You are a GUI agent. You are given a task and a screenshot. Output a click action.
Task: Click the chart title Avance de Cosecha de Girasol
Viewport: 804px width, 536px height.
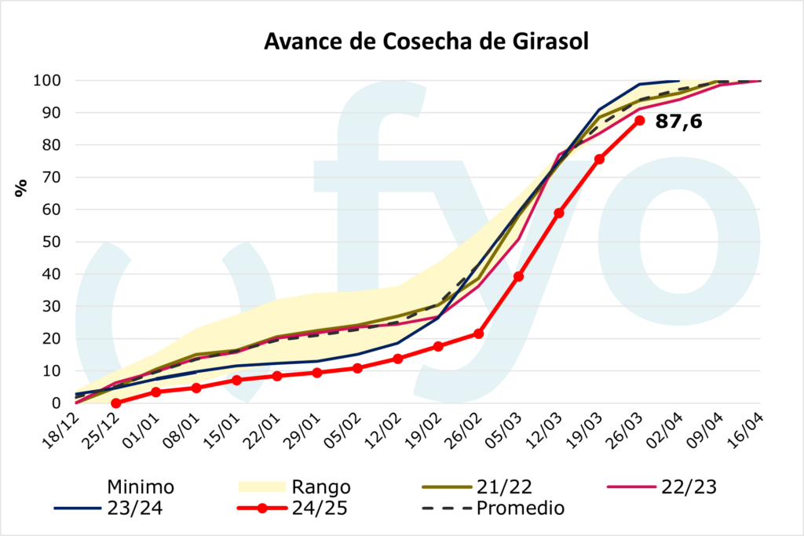pyautogui.click(x=426, y=42)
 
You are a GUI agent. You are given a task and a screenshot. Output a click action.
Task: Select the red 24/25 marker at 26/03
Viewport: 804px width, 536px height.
pyautogui.click(x=640, y=120)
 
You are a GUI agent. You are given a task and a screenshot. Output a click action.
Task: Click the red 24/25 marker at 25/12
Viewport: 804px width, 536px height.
pyautogui.click(x=116, y=403)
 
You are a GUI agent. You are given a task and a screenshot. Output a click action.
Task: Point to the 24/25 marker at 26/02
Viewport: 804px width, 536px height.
pyautogui.click(x=479, y=334)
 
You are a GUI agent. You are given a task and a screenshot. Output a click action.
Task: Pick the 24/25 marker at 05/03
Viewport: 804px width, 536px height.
pyautogui.click(x=519, y=276)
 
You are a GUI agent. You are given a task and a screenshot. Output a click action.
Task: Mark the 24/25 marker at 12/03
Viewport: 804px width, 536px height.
pyautogui.click(x=559, y=213)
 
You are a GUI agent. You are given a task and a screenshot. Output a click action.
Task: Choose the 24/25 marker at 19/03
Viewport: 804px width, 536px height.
pyautogui.click(x=600, y=159)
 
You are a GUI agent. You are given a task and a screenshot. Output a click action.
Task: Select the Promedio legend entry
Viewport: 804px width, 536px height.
pyautogui.click(x=521, y=508)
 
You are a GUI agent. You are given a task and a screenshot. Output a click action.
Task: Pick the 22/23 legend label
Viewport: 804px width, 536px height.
pyautogui.click(x=689, y=487)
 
